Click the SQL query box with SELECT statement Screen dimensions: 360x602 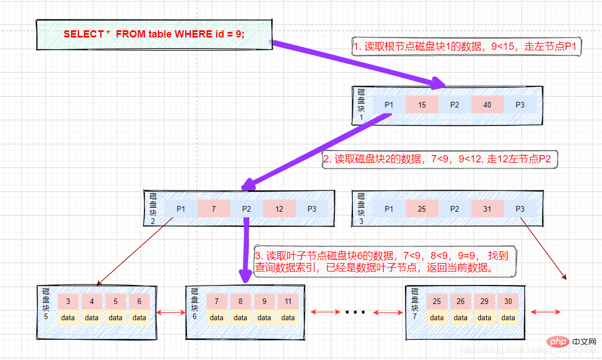click(154, 34)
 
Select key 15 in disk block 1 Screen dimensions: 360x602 click(422, 105)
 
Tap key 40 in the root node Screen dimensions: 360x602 click(487, 105)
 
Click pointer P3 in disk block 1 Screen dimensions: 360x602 click(520, 105)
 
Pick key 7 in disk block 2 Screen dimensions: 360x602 click(213, 209)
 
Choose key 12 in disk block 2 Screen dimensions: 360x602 click(279, 209)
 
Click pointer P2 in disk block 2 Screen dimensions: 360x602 click(246, 209)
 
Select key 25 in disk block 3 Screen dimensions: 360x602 click(422, 209)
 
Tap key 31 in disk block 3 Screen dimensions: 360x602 click(487, 209)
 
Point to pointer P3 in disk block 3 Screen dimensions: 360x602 click(520, 209)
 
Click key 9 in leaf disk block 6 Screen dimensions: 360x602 click(264, 301)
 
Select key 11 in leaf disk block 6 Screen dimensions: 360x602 click(288, 301)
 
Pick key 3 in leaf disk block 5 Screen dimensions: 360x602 click(68, 301)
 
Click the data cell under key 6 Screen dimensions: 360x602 click(139, 317)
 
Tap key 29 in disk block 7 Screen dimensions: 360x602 click(484, 301)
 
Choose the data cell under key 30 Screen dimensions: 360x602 click(508, 317)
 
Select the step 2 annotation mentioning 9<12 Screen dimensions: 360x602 click(440, 160)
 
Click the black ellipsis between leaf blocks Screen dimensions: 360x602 click(355, 312)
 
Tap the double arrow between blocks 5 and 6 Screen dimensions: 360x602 click(170, 312)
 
